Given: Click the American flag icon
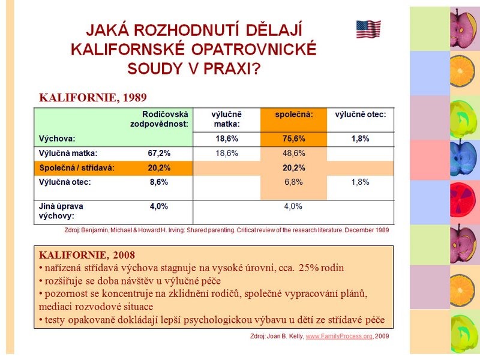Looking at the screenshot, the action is tap(368, 29).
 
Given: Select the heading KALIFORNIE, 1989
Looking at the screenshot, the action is tap(93, 97).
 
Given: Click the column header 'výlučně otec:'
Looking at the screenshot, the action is tap(361, 115).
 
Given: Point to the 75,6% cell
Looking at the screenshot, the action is tap(294, 139).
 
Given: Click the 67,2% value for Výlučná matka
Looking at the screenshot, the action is tap(159, 154).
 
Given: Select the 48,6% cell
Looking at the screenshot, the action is tap(294, 154).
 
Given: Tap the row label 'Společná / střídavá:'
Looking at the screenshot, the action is tap(77, 168).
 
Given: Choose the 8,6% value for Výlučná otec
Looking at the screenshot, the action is tap(159, 182).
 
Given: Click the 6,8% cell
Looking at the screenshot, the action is tap(293, 182).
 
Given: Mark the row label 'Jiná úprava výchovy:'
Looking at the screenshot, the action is tap(61, 211).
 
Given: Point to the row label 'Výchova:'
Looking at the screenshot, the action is tap(57, 139).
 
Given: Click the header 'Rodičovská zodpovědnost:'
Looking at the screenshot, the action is tap(159, 119).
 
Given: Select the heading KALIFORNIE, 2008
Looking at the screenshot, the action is tap(87, 255).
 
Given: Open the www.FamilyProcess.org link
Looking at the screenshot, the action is tap(339, 336).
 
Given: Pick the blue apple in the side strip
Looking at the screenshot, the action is tap(463, 158).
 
